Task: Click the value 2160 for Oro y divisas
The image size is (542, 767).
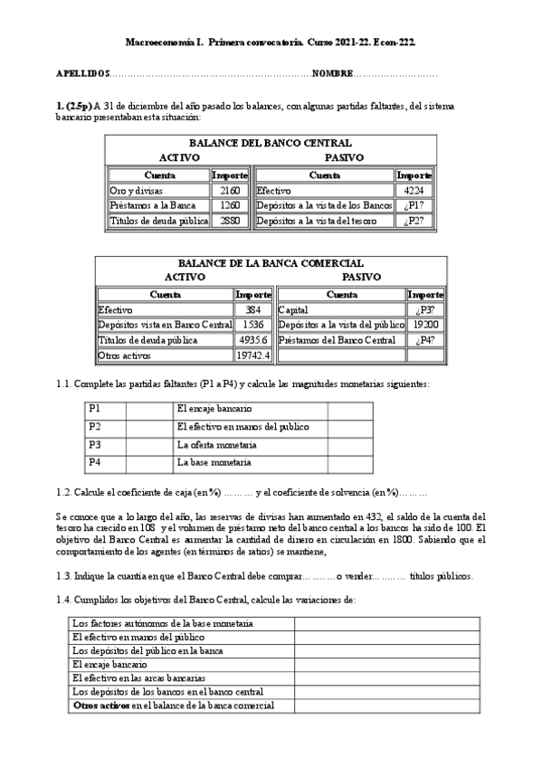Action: click(229, 191)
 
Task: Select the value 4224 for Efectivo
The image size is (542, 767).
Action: click(414, 191)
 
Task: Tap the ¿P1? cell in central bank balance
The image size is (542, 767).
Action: click(415, 205)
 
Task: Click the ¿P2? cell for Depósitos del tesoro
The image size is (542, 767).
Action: click(415, 220)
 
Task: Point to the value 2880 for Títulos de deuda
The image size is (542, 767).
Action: click(229, 220)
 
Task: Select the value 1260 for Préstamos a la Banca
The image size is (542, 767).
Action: click(229, 205)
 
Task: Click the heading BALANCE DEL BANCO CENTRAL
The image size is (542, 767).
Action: click(271, 143)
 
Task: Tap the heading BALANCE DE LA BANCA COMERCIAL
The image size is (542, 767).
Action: click(271, 263)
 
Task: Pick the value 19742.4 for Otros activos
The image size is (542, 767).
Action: click(252, 355)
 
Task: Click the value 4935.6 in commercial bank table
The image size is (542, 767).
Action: click(253, 340)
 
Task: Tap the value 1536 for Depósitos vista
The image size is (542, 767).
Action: click(253, 325)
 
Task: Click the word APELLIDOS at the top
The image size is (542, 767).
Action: click(81, 72)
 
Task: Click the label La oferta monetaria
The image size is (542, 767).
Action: click(217, 445)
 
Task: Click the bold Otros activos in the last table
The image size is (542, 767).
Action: click(101, 705)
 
